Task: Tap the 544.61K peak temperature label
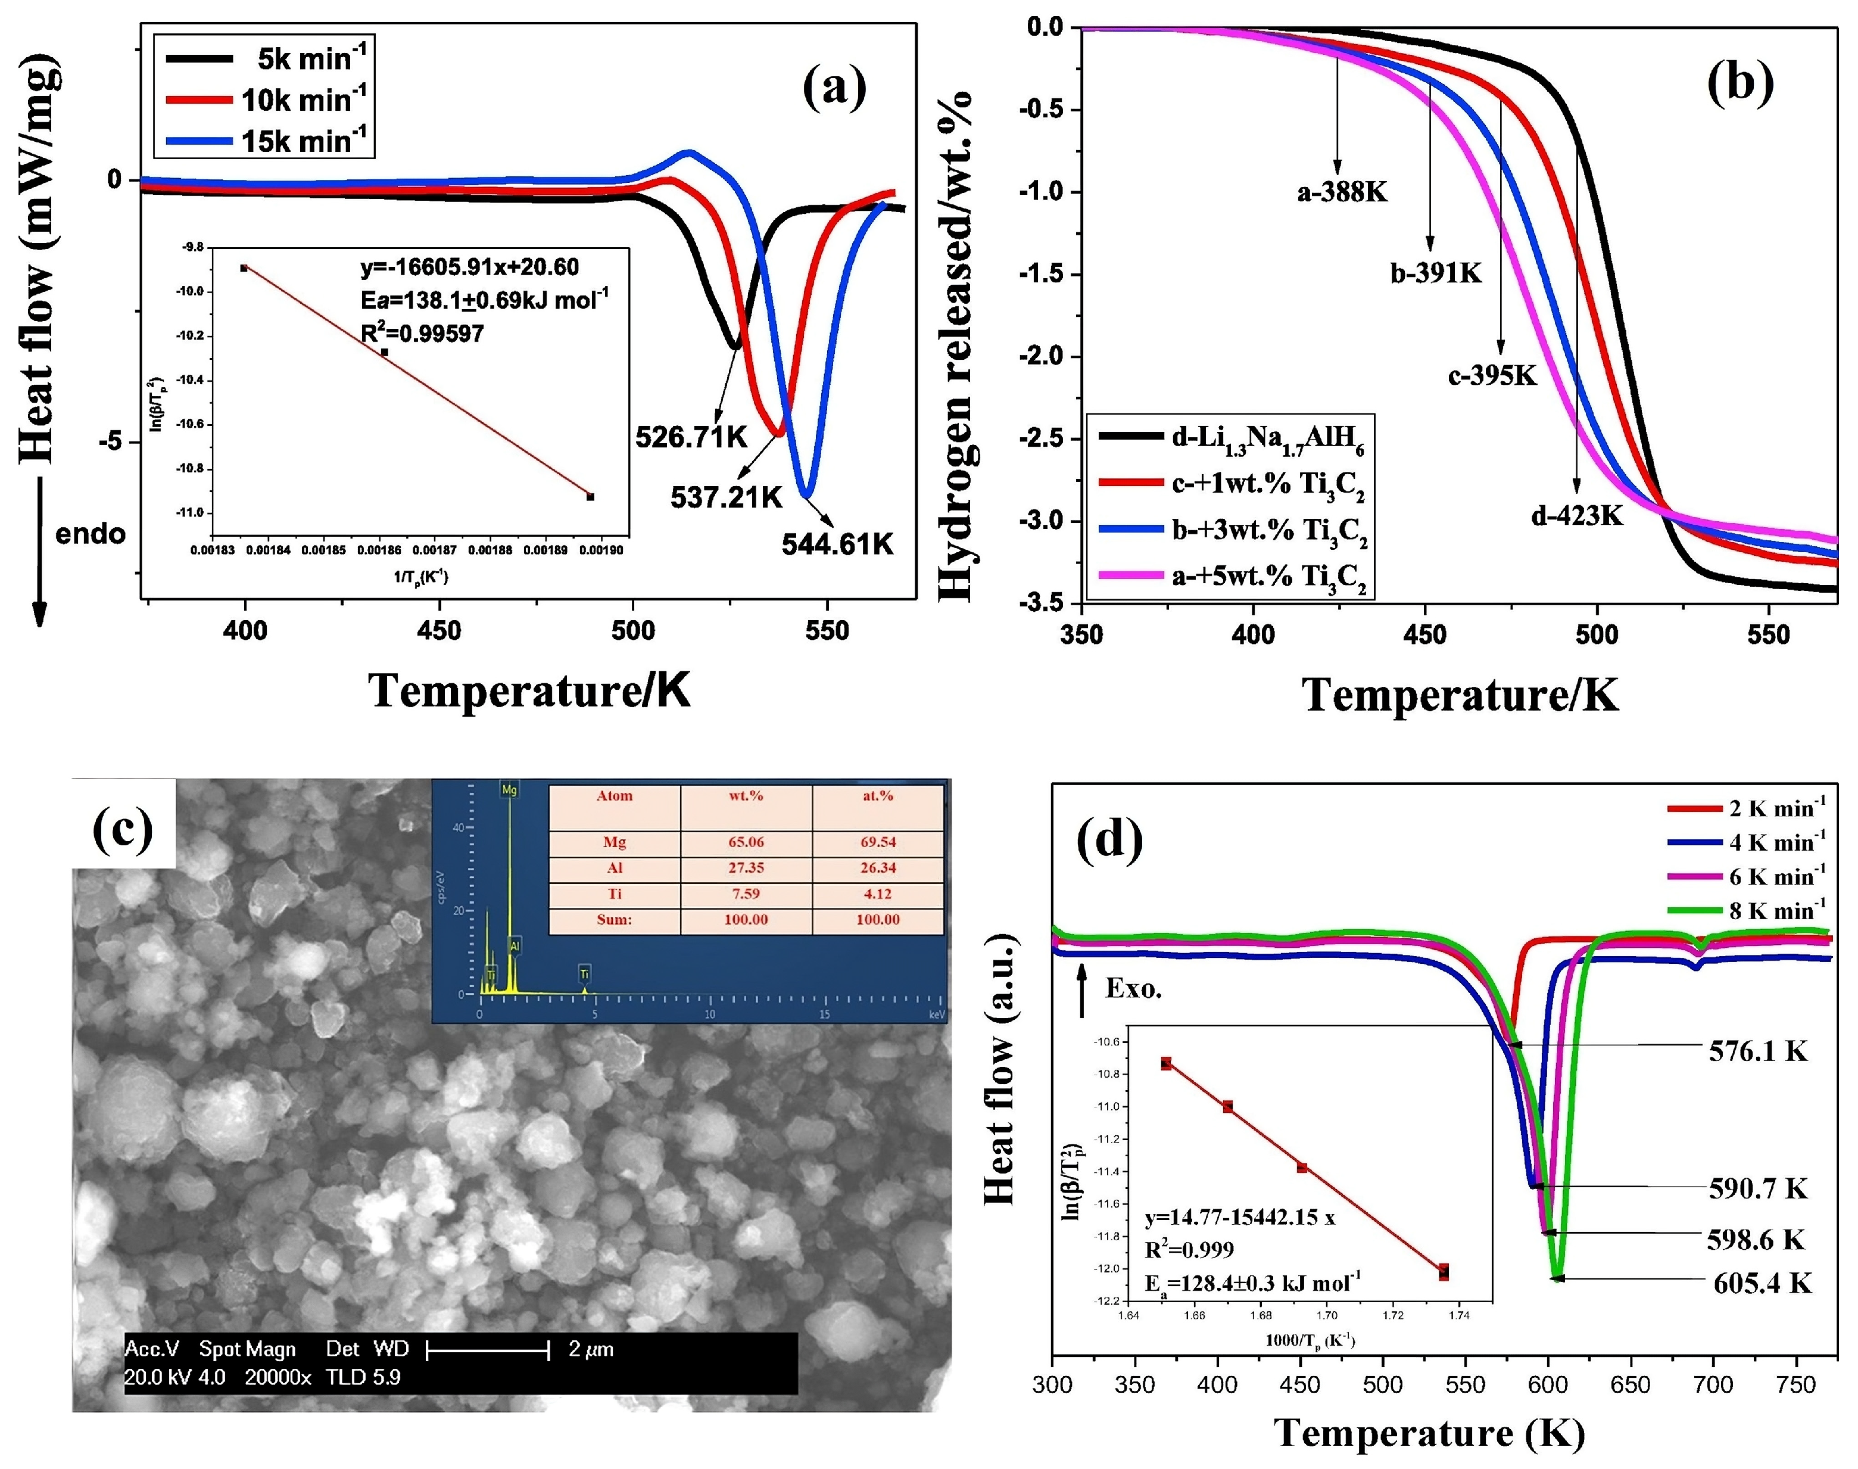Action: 837,544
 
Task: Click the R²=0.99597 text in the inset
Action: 422,334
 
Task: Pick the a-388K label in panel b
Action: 1342,192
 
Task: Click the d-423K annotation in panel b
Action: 1577,516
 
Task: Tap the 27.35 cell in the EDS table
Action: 746,868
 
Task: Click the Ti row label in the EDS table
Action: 614,894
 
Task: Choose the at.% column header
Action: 877,796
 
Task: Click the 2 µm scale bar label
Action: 591,1349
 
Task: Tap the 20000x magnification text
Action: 277,1377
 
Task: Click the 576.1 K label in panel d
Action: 1757,1051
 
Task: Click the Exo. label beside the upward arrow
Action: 1133,989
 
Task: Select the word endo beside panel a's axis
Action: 91,534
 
